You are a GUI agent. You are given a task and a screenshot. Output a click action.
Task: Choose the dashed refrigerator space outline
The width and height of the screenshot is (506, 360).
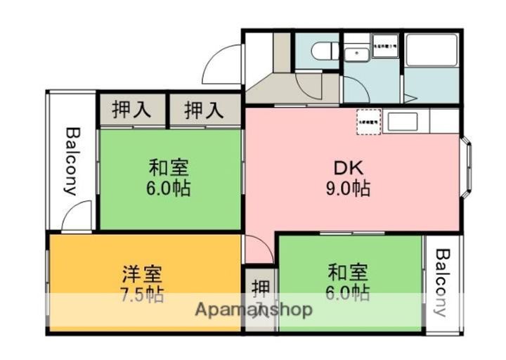click(x=368, y=121)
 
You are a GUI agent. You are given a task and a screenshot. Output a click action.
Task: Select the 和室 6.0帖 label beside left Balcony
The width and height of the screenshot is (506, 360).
click(x=169, y=179)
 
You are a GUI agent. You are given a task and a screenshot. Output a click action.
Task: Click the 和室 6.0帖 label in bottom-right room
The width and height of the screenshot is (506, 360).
click(x=348, y=281)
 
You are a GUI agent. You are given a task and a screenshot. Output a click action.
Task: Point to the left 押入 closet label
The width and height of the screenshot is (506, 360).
click(x=131, y=110)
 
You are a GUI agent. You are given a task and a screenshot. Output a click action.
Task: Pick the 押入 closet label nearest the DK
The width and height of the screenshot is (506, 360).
click(x=204, y=110)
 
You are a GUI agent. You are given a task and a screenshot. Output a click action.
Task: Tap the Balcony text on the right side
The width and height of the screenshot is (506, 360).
click(x=441, y=283)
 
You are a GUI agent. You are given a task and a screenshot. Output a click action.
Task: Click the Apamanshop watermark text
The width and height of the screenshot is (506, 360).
click(x=253, y=309)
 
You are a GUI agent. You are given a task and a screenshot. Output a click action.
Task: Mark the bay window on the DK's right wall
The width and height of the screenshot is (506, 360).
click(x=467, y=168)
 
